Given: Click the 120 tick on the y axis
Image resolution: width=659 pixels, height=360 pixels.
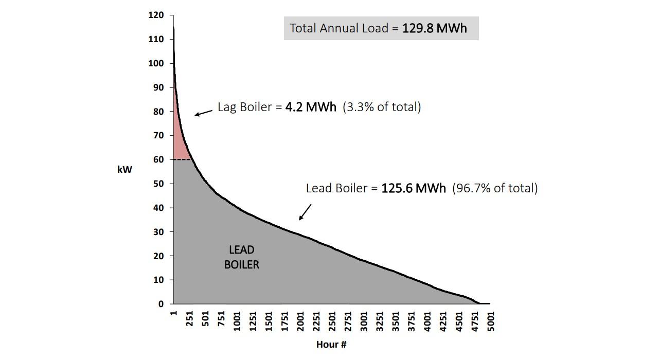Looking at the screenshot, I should click(x=156, y=15).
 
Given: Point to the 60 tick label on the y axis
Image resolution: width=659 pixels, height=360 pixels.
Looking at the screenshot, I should click(x=158, y=160).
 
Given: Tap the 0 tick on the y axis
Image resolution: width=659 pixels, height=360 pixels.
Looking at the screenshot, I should click(x=161, y=304).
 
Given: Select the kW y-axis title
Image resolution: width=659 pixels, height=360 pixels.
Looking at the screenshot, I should click(x=124, y=169).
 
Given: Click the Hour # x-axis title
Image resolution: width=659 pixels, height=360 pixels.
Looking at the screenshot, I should click(x=331, y=344).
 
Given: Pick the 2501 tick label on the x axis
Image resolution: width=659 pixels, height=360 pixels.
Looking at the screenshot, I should click(x=332, y=321).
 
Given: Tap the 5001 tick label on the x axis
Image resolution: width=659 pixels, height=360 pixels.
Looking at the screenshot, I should click(x=491, y=321).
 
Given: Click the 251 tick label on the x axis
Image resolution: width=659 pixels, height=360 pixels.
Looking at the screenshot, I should click(x=190, y=321).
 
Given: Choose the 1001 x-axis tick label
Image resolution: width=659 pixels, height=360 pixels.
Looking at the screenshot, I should click(x=237, y=321).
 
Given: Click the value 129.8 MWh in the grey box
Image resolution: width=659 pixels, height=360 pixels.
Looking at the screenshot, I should click(x=434, y=28).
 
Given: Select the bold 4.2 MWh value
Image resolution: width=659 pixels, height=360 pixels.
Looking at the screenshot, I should click(x=311, y=107).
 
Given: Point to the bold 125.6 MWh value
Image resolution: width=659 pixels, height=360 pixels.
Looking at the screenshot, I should click(x=413, y=188).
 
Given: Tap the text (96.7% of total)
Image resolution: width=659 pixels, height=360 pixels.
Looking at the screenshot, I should click(x=495, y=188).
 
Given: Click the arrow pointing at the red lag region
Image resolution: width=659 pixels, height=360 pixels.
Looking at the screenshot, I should click(x=203, y=113).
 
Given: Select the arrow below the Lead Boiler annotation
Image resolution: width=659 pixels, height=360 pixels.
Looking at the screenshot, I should click(x=305, y=212).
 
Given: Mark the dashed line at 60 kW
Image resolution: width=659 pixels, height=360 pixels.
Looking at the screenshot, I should click(x=183, y=159).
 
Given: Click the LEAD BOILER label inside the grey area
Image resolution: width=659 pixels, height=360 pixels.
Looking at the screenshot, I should click(x=241, y=257).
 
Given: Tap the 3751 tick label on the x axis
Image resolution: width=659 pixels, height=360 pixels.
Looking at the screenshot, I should click(x=412, y=321).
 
